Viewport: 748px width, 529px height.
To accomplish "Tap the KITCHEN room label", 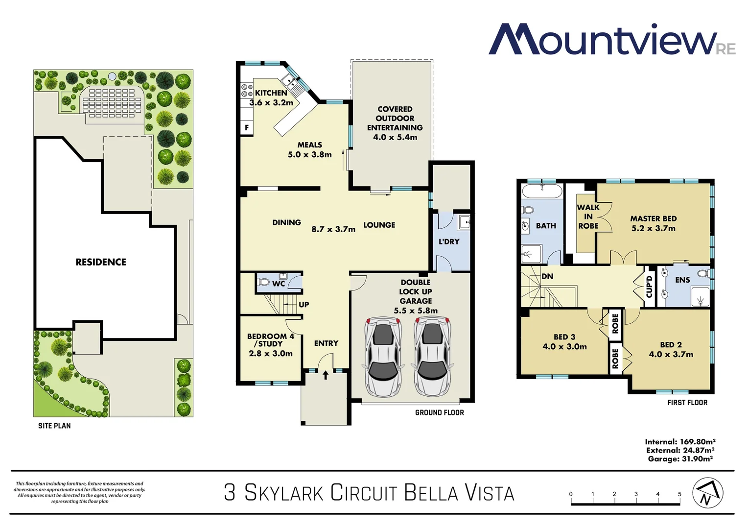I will click(271, 93).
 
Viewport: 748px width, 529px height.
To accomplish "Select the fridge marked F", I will click(247, 128).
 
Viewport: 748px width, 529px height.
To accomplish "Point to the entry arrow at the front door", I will click(326, 375).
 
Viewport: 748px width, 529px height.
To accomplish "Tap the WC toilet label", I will click(279, 284).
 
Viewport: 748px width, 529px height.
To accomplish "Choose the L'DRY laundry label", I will click(449, 241).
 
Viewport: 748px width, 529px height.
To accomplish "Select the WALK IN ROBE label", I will click(588, 216).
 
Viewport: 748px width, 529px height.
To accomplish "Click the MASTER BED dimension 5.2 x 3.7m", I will click(653, 229).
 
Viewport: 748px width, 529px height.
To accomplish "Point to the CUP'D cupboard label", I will click(650, 287).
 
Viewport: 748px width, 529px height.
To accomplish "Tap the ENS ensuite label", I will click(682, 280).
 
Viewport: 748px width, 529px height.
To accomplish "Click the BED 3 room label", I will click(564, 337).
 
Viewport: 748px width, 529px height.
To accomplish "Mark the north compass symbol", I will click(707, 493).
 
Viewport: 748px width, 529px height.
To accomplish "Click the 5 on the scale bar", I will click(679, 494).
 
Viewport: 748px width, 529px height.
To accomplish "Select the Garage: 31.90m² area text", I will click(680, 459).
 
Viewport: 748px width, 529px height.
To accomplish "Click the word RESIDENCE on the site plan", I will click(101, 262).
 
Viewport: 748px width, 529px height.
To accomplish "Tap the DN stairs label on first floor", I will click(547, 276).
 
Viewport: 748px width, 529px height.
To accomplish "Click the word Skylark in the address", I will click(284, 493).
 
